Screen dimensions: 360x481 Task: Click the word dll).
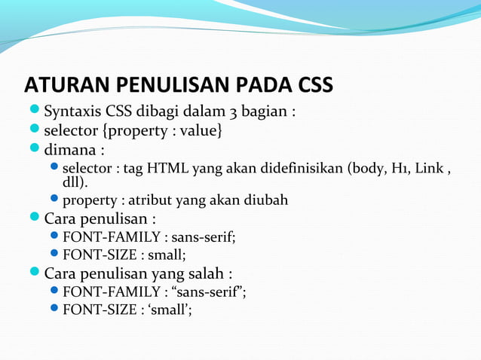[75, 182]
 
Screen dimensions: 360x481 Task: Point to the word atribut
[151, 200]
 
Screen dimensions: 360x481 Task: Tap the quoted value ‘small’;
[166, 309]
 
